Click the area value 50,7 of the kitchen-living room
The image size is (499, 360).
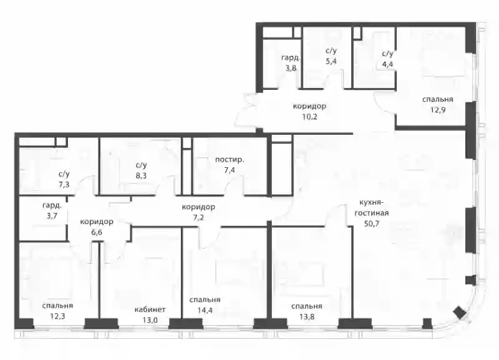click(371, 223)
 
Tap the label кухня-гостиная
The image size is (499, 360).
click(371, 208)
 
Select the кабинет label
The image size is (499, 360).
click(150, 309)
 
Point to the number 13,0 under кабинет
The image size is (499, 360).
click(150, 320)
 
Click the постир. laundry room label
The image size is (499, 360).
click(230, 160)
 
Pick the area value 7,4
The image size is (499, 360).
click(229, 170)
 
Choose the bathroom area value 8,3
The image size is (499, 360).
click(141, 175)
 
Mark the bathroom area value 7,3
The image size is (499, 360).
click(64, 185)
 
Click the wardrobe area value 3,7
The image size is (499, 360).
click(52, 216)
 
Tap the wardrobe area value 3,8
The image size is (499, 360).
click(290, 68)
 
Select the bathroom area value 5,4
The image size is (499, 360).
click(331, 61)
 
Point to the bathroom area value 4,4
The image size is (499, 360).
click(387, 64)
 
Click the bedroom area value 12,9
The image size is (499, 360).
click(438, 110)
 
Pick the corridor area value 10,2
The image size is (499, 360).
click(309, 117)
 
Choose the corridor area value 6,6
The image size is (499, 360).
click(97, 232)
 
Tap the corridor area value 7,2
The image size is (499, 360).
click(198, 217)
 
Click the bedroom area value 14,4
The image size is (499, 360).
click(205, 310)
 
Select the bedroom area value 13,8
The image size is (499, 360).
click(306, 316)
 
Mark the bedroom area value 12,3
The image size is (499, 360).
click(57, 316)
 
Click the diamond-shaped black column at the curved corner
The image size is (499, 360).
click(460, 313)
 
